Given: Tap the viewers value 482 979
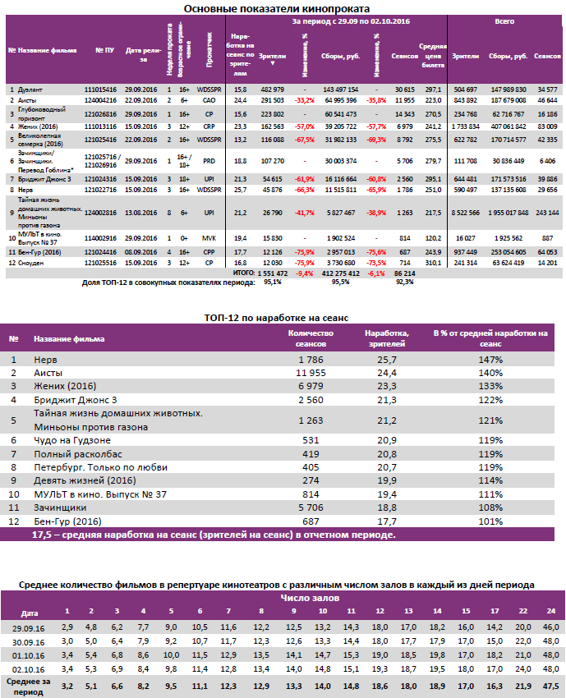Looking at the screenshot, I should click(x=272, y=88).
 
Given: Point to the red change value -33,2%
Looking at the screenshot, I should click(x=305, y=99).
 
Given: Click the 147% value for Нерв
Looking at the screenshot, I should click(x=491, y=360).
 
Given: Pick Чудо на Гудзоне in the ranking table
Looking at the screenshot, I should click(x=70, y=440).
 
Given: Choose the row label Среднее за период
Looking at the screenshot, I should click(x=29, y=685).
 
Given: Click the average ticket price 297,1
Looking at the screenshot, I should click(x=434, y=88).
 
